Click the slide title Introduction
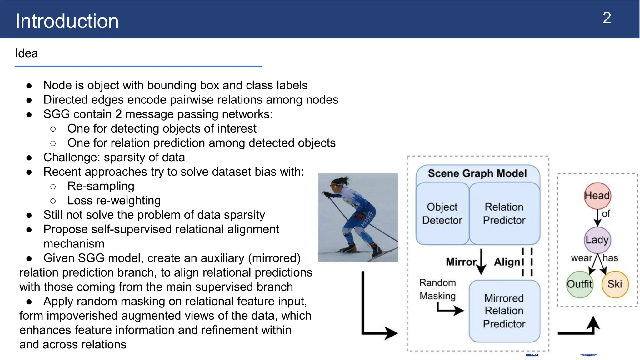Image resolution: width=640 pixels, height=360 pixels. pos(67,21)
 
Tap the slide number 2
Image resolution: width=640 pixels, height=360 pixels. pos(606,18)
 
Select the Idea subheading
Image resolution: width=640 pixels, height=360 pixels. pos(26,53)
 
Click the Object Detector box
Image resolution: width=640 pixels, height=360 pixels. pos(442,214)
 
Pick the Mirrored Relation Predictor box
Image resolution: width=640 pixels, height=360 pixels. pos(504,311)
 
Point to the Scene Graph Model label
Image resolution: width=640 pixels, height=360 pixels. pos(477,173)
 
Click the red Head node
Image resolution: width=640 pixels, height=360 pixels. pos(597,196)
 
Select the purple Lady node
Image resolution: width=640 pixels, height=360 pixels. pos(597,240)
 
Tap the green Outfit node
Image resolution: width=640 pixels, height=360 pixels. pos(579,284)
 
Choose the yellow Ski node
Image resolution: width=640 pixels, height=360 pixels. pos(615,284)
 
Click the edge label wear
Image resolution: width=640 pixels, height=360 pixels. pos(581,258)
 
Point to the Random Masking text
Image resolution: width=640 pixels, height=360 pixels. pos(437,289)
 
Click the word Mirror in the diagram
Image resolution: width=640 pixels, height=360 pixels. pos(461,262)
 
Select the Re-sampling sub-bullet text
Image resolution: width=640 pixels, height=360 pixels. pos(101,186)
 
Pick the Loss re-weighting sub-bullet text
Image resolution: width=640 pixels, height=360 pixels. pos(114,201)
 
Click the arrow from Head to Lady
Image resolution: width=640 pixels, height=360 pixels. pos(597,218)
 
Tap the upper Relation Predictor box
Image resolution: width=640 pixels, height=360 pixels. pos(504,214)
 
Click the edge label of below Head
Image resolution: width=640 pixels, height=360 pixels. pos(606,214)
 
